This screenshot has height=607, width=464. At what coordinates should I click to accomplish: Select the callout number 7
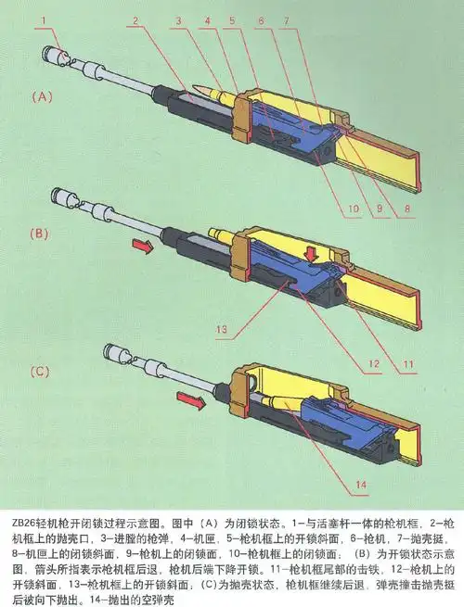[x=288, y=18]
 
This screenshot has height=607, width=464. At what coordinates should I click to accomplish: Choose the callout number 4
[x=208, y=18]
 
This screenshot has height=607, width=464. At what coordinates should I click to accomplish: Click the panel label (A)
[x=41, y=95]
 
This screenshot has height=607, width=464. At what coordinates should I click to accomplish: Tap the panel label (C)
[x=41, y=373]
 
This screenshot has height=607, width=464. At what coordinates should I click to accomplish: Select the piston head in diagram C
[x=119, y=353]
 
